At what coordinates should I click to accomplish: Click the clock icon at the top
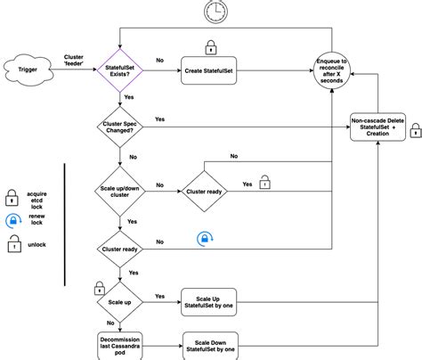tap(214, 12)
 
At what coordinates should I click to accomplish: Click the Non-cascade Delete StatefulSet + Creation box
tap(379, 127)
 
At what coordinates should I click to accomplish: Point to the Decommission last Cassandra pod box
tap(125, 346)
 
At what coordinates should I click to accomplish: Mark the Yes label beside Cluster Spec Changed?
tap(159, 119)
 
